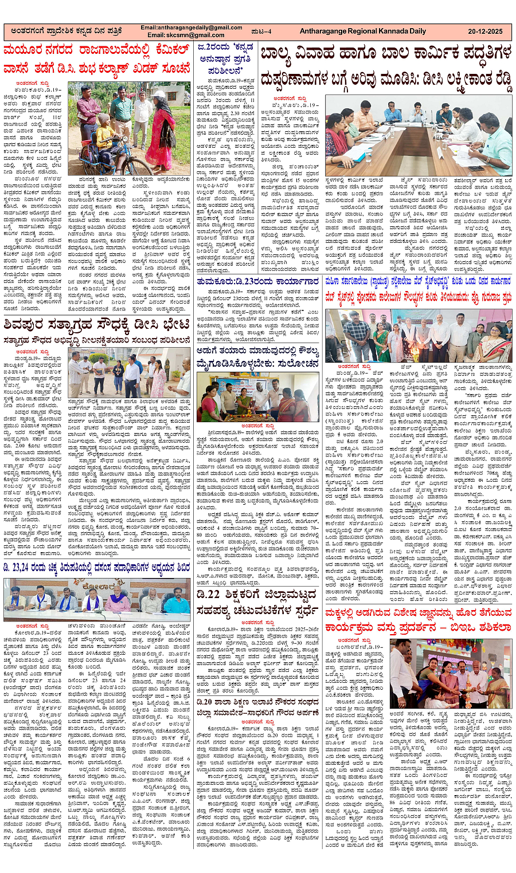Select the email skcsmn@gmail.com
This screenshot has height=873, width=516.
click(182, 35)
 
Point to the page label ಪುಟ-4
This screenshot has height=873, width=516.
click(260, 31)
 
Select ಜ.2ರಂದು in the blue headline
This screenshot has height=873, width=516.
click(213, 46)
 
